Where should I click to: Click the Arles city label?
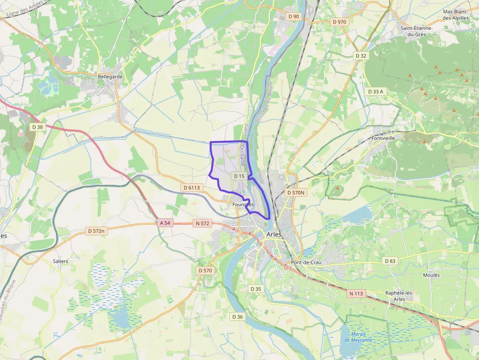click(275, 234)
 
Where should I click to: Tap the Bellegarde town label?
click(110, 77)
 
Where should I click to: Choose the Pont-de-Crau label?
click(306, 262)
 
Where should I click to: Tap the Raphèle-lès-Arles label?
click(399, 296)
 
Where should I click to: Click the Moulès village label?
click(431, 275)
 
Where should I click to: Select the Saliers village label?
click(61, 261)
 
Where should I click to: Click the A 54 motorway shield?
click(165, 223)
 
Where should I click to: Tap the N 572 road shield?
click(202, 223)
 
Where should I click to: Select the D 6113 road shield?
click(191, 188)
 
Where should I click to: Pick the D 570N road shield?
click(295, 192)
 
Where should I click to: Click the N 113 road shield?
click(357, 294)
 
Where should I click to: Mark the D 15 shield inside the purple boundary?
click(239, 176)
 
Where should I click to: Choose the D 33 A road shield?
click(375, 91)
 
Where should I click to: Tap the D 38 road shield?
click(38, 127)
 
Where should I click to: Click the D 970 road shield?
click(339, 22)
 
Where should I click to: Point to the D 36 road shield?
click(237, 317)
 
